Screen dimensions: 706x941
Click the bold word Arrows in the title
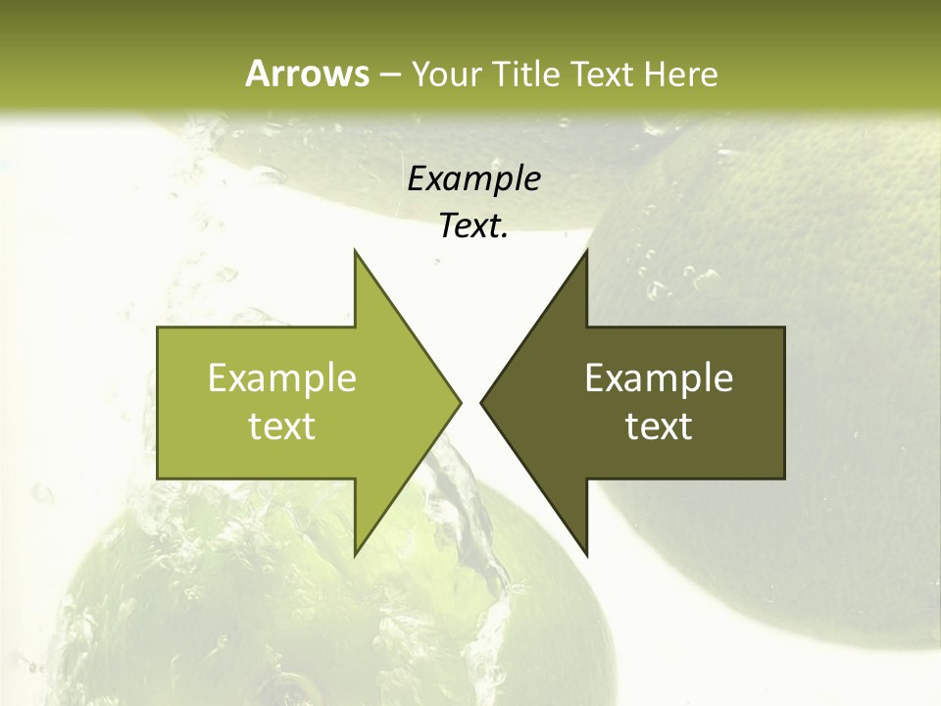[307, 74]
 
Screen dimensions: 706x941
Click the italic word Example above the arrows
[473, 178]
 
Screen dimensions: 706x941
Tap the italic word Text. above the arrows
[473, 226]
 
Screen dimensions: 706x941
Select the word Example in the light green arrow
[282, 378]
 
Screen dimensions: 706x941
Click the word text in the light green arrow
[282, 426]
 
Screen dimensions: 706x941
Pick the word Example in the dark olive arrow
[659, 378]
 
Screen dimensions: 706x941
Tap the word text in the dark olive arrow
[659, 426]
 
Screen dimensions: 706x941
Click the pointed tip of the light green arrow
[460, 402]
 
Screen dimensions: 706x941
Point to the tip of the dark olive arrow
[481, 402]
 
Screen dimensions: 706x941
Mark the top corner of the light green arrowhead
[355, 250]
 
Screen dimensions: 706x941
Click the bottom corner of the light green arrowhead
[355, 555]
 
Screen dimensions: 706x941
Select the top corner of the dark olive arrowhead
[586, 250]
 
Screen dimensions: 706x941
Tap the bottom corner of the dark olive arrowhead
[586, 555]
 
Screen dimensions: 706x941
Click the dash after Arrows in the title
[389, 75]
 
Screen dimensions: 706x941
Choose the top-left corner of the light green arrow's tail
[158, 328]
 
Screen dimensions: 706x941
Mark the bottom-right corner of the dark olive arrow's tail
[784, 479]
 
